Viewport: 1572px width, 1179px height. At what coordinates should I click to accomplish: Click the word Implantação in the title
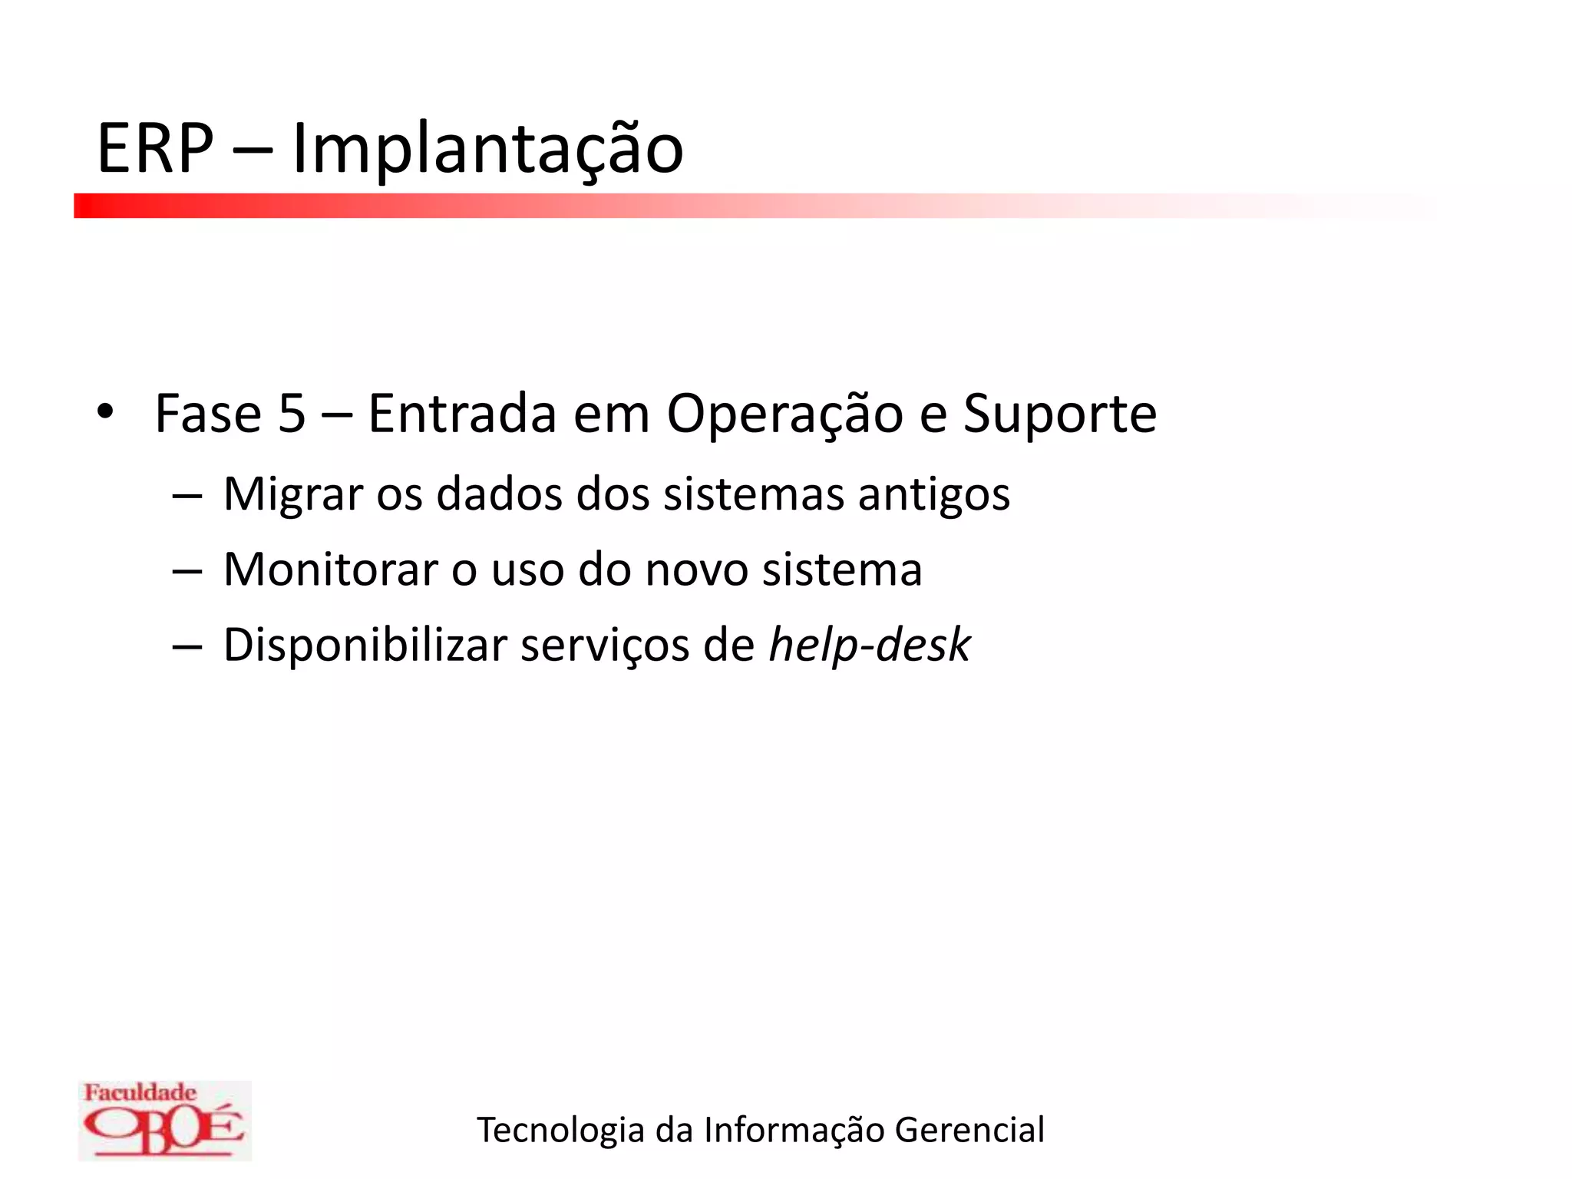[487, 150]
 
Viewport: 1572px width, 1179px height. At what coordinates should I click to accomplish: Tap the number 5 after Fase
[292, 414]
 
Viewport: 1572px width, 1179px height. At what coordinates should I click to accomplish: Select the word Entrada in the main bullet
[461, 414]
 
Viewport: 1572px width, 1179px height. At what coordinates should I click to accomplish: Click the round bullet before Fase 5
[105, 412]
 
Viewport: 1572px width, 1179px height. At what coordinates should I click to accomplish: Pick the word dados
[499, 494]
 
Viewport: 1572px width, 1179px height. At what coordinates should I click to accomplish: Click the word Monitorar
[330, 570]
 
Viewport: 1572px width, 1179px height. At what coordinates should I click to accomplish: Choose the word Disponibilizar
[365, 646]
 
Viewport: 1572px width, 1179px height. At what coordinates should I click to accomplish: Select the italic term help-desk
[870, 646]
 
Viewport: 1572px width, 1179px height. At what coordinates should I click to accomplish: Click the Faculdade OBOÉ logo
[164, 1120]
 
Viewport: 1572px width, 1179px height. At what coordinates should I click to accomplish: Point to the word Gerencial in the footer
[969, 1130]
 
